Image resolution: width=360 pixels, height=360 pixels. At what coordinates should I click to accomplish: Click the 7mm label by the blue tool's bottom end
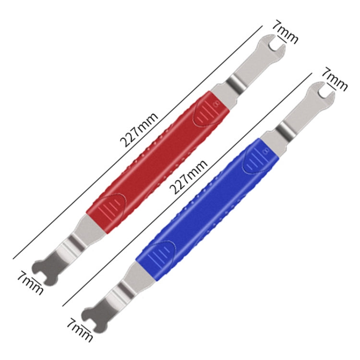tap(79, 329)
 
